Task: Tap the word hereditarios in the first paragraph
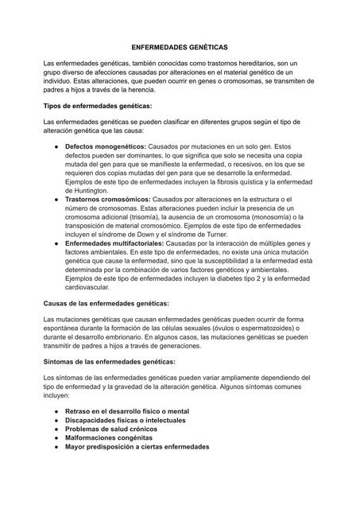270,63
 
